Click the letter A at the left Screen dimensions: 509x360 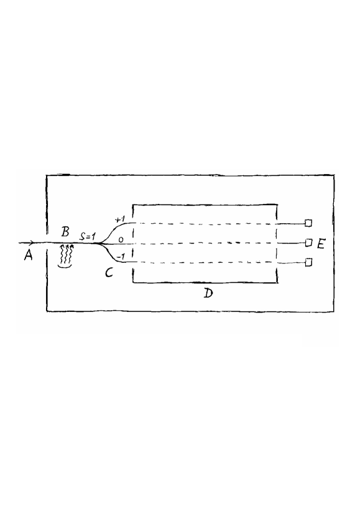click(29, 256)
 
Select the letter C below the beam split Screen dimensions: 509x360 click(109, 272)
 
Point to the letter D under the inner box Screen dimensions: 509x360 click(208, 293)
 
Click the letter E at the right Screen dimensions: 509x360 click(321, 244)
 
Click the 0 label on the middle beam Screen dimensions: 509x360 click(121, 239)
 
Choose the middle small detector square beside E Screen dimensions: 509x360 click(307, 243)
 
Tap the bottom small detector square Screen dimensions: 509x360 click(307, 264)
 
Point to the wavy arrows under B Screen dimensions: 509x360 click(67, 254)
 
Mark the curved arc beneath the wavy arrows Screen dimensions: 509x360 click(66, 266)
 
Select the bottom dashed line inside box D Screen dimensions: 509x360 click(205, 264)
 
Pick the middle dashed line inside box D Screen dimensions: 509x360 click(205, 243)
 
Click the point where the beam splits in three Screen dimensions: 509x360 click(101, 243)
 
